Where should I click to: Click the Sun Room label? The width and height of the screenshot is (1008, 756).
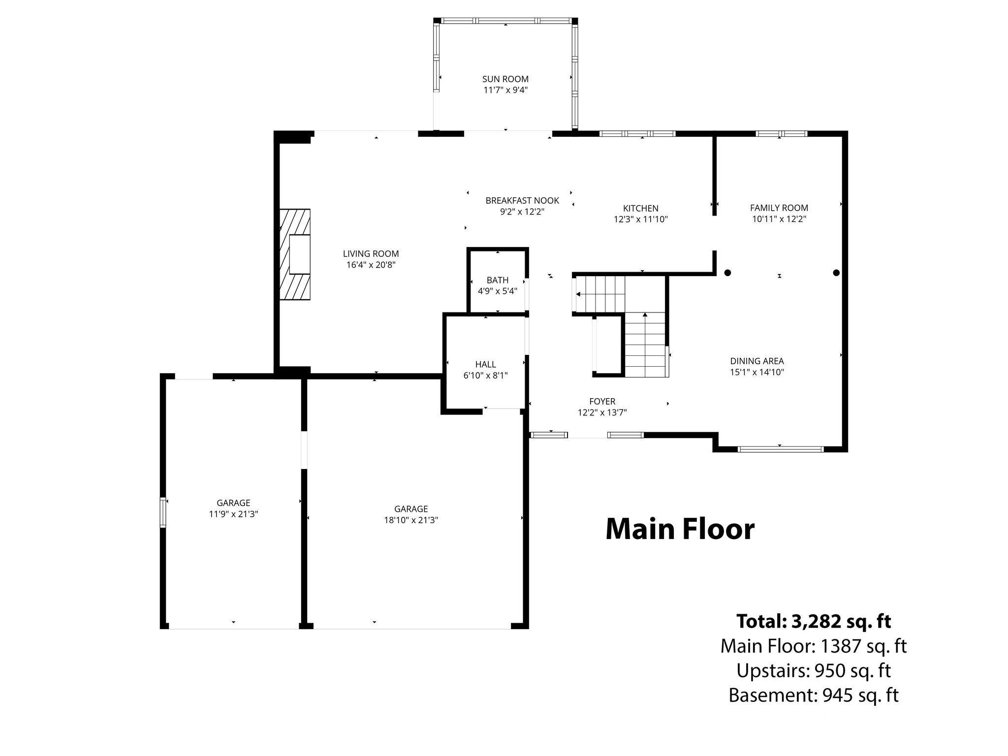[x=505, y=79]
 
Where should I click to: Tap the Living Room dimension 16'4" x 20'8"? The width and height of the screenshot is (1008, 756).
[x=371, y=265]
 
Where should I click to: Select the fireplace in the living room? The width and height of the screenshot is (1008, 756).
[x=295, y=254]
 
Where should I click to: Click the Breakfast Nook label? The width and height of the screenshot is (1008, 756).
[x=522, y=200]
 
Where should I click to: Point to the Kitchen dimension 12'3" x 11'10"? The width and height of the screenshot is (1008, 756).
[x=640, y=220]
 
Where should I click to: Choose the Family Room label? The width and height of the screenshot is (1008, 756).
[x=779, y=208]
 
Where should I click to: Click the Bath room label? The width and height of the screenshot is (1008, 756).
[x=498, y=280]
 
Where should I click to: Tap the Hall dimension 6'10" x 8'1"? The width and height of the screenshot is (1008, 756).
[x=485, y=376]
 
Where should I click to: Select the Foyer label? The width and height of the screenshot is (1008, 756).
[x=602, y=402]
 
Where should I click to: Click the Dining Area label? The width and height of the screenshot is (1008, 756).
[x=757, y=361]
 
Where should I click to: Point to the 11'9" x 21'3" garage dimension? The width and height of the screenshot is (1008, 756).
[x=233, y=514]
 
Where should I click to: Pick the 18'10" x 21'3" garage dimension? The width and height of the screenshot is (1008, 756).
[x=411, y=520]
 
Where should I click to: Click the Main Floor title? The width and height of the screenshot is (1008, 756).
[x=680, y=529]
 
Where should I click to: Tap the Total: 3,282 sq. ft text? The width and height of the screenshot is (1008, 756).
[x=814, y=621]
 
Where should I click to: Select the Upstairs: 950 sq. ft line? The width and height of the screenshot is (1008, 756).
[x=814, y=670]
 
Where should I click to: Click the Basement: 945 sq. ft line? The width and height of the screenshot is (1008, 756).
[x=814, y=695]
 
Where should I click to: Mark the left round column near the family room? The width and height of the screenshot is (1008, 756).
[x=727, y=273]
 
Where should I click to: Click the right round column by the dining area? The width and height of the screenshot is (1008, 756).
[x=836, y=273]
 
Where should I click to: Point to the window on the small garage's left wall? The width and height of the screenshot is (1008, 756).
[x=163, y=512]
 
